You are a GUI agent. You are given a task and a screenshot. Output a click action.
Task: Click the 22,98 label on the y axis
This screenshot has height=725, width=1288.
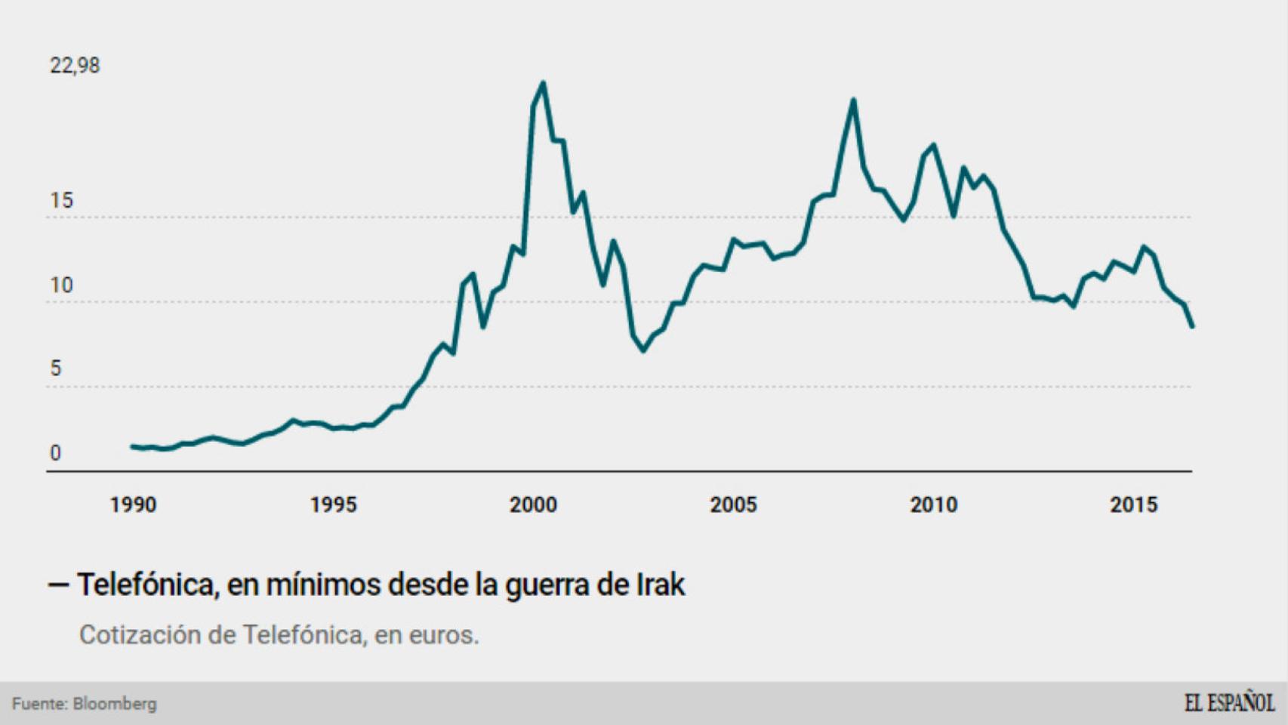coord(75,66)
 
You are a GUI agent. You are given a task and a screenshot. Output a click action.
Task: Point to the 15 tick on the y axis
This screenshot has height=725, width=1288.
coord(61,201)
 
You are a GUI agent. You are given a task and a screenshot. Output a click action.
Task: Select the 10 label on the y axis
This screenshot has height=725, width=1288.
coord(61,285)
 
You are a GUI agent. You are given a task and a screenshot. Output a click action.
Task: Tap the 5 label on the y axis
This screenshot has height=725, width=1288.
coord(56,369)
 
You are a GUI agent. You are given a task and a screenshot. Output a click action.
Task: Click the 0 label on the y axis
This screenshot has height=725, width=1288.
coord(55,453)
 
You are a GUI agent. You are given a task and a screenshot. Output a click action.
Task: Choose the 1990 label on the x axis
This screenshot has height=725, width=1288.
coord(133,505)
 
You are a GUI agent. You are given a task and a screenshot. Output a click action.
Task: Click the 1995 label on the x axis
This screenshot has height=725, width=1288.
coord(333,505)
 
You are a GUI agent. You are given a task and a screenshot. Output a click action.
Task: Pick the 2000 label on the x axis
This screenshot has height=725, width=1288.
coord(533,505)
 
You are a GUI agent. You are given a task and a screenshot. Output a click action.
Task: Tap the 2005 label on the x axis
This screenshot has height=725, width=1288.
coord(733,505)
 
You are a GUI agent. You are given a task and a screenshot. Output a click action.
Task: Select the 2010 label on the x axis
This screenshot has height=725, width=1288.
coord(933,505)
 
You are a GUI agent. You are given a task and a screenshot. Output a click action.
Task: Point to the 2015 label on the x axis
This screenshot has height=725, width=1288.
coord(1133,505)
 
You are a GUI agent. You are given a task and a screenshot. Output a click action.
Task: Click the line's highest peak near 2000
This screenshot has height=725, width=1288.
coord(544,83)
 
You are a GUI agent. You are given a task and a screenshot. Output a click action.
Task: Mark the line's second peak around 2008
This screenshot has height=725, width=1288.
coord(853,100)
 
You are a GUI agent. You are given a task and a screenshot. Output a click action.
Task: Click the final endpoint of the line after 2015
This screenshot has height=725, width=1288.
coord(1192,326)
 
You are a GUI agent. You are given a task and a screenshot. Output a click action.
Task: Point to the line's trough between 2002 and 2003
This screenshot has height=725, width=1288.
coord(643,350)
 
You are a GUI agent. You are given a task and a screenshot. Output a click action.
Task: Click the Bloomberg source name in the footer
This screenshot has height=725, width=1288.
coord(115,704)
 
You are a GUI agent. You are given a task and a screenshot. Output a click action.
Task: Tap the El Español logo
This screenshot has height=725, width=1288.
coord(1228,703)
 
